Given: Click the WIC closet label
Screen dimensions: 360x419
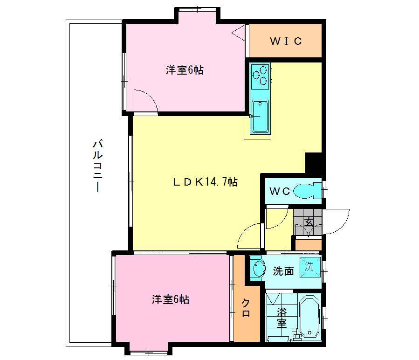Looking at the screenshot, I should point(286,41).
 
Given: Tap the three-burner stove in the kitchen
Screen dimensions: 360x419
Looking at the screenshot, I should point(261,76).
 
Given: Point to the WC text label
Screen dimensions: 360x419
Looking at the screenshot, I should point(280,191).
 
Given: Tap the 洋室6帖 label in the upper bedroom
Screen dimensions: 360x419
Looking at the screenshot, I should point(185,70).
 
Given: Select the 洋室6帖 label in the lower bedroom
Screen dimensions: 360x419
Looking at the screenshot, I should point(171,299).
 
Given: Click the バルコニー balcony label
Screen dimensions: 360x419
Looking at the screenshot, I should point(97,166).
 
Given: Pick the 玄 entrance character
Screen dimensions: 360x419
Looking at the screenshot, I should point(309,222).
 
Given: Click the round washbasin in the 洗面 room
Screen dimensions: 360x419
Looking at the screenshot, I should point(257,270).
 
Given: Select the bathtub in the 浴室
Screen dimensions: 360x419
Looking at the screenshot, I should point(309,318).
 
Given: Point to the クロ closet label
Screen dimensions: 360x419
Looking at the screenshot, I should point(246,308).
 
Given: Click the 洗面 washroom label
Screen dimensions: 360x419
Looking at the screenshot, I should point(283,271).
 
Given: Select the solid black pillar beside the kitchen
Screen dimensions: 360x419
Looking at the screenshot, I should point(314,162).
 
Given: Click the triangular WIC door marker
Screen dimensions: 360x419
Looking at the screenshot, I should point(239,33).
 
